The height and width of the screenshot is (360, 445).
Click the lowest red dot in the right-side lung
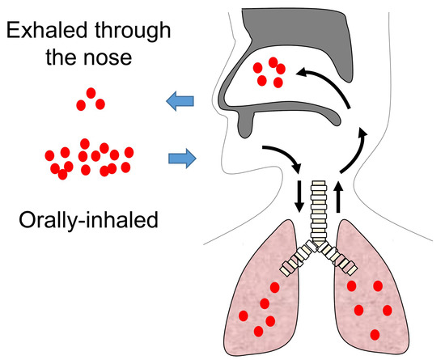click(x=374, y=334)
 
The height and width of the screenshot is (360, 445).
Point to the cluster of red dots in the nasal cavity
click(x=267, y=73)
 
